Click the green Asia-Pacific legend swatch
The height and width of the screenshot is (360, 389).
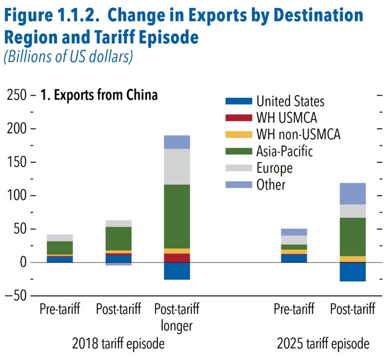pos(239,151)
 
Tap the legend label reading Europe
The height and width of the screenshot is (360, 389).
pos(274,168)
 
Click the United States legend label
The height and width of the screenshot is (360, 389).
pos(290,101)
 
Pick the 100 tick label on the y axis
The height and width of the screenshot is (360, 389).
pos(17,196)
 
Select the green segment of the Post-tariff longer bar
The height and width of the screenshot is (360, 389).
pos(177,216)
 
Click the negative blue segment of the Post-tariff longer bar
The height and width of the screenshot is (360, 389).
pos(177,271)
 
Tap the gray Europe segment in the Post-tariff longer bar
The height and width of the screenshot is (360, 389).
pos(177,167)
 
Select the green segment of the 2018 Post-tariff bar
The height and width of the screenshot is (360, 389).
pos(119,238)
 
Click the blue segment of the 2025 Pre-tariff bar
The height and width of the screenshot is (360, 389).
pos(294,258)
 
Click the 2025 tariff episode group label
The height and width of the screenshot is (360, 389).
pos(323,344)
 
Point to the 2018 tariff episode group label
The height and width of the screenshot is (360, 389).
pos(118,344)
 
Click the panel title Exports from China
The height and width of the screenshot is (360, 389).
pos(99,95)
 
